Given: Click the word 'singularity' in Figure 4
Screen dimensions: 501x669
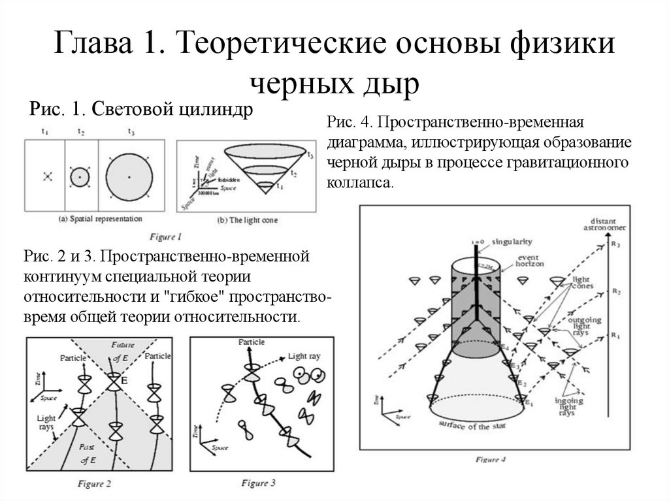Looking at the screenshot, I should coord(513,241).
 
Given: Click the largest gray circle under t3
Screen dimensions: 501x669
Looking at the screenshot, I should coord(129,177).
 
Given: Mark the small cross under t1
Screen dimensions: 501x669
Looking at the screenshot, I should coord(46,176).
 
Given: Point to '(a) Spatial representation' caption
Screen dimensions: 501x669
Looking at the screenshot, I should coord(99,218).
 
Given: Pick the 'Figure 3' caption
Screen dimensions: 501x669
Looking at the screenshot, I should coord(259,483).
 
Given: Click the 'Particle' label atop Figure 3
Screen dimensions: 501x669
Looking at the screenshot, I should coord(252,342).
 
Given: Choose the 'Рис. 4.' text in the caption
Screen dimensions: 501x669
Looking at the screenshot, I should coord(349,123).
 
